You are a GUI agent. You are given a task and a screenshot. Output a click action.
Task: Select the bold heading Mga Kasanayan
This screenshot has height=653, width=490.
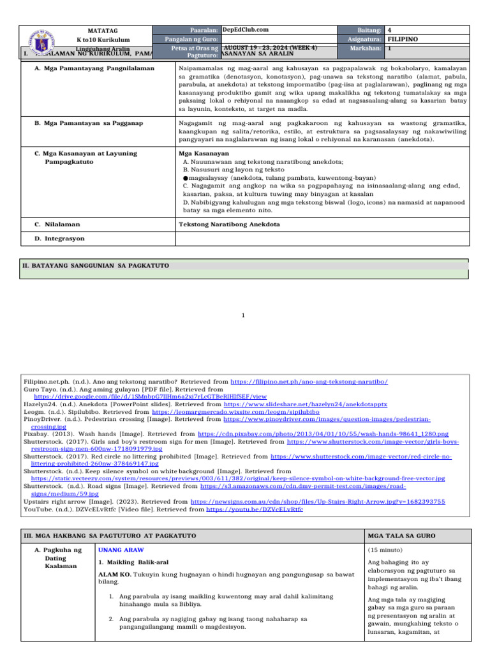204,154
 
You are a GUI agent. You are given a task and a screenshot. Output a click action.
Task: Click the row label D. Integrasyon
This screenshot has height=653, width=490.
61,238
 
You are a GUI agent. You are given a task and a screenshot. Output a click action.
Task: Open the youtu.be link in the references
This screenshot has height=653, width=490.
271,510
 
